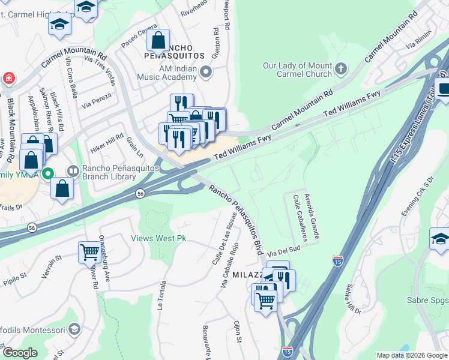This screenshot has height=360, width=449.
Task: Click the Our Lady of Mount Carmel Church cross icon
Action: (342, 67)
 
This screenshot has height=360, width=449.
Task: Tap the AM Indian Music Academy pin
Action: (206, 74)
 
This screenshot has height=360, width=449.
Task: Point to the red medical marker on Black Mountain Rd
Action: (8, 78)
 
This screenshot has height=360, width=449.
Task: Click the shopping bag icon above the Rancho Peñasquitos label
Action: (159, 41)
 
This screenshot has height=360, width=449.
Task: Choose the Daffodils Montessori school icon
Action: (74, 329)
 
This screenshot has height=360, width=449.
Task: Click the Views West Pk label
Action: (158, 238)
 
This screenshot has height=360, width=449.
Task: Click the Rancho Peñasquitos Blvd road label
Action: (237, 219)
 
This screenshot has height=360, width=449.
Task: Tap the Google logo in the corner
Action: (20, 353)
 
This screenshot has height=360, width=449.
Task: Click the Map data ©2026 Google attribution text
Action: (411, 355)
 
